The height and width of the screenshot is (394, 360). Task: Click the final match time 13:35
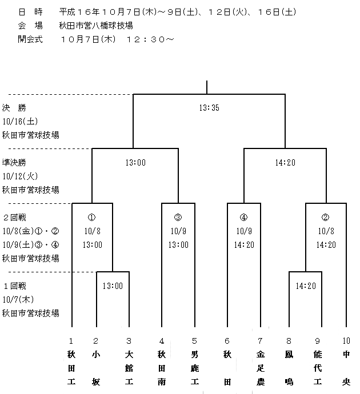coord(209,108)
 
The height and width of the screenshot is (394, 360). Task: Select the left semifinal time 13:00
coord(135,163)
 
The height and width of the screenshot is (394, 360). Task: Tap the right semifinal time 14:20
coord(285,163)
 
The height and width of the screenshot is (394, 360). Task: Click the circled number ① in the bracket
coord(92,217)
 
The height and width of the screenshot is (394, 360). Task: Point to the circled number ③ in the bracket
coord(178,217)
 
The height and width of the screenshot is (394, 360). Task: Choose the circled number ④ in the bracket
coord(243,217)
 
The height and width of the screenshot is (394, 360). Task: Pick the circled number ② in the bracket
coord(325,217)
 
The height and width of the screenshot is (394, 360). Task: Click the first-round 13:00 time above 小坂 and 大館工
coord(113,286)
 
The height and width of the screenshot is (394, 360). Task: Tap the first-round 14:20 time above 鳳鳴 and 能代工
coord(306,286)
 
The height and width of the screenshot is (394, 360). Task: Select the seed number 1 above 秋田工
coord(71,341)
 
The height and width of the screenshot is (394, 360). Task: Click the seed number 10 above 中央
coord(346,341)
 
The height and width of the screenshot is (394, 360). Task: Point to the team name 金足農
coord(261,368)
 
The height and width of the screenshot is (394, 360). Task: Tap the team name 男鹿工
coord(195,368)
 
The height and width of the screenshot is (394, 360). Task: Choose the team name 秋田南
coord(162,368)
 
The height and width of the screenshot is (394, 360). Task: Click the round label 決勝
coord(14,108)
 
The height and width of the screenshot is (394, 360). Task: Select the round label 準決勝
coord(14,163)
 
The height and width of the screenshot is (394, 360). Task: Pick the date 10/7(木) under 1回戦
coord(18,300)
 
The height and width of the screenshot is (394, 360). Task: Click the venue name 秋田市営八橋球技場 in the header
coord(96,25)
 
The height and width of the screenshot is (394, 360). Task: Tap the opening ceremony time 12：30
coord(146,39)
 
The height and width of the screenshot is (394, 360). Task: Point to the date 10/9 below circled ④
coord(244,231)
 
